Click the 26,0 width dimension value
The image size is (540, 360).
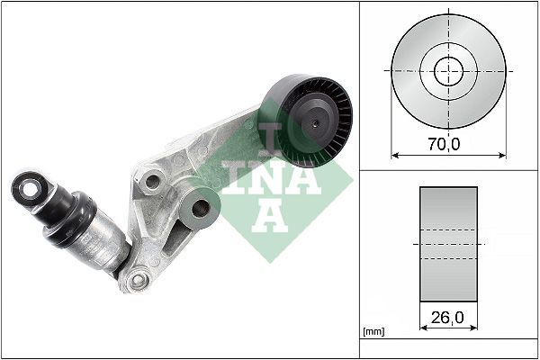click(x=448, y=317)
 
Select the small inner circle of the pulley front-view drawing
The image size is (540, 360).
click(x=448, y=70)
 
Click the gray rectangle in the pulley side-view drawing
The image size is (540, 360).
click(x=448, y=243)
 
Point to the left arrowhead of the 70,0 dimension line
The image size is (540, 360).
click(x=394, y=154)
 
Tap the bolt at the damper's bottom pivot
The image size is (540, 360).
click(x=137, y=281)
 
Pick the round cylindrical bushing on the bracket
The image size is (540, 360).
click(x=200, y=212)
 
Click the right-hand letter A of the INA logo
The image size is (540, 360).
click(x=305, y=180)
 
